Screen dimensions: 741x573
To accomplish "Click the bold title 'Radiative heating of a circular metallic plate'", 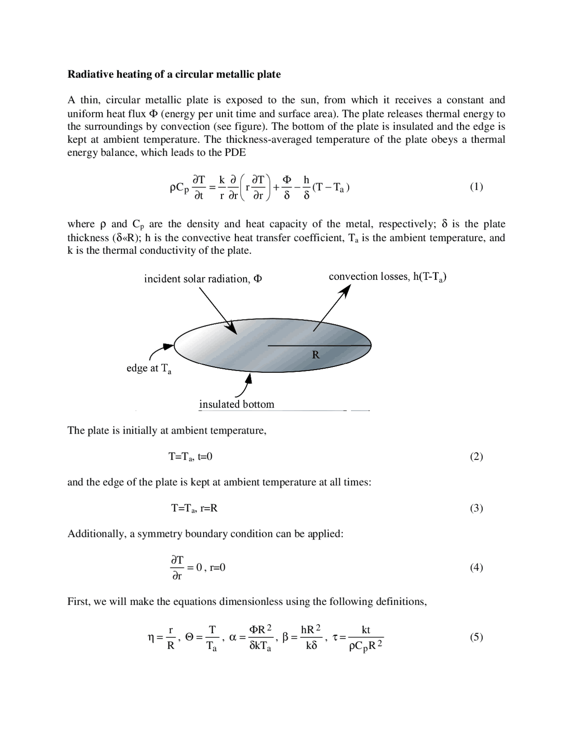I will [174, 74].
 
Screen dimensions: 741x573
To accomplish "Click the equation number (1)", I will [476, 187].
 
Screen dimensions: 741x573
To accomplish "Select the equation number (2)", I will [476, 456].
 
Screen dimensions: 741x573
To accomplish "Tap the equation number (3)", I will [476, 508].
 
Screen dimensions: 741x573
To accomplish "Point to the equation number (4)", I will [476, 568].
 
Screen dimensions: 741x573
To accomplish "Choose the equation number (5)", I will [476, 637].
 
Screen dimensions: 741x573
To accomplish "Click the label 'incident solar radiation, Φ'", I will [203, 279].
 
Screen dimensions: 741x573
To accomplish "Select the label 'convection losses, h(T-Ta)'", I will [387, 277].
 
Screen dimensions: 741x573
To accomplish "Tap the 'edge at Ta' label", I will [149, 369].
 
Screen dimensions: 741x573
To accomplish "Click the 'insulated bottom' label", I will [236, 405].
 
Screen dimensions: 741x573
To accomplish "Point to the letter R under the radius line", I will [316, 355].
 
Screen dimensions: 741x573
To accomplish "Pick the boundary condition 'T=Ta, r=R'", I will [194, 508].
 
